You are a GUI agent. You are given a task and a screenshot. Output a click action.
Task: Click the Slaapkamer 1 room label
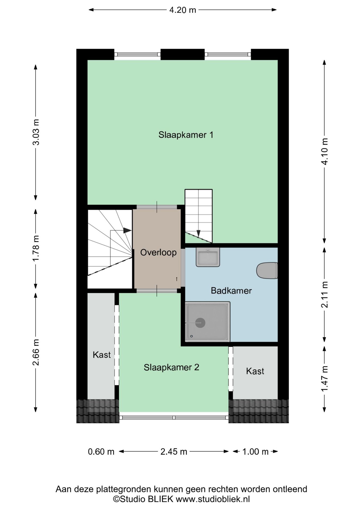pos(186,135)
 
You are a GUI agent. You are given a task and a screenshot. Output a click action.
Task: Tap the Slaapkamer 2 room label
pos(171,367)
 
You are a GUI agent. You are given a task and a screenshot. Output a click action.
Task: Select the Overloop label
pos(158,252)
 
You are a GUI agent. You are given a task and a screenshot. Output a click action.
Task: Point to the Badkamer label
pos(231,291)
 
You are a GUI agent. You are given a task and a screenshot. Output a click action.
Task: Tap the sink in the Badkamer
pos(208,257)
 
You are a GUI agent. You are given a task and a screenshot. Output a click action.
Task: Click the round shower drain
pos(200,323)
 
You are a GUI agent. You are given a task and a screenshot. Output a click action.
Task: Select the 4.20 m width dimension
pos(182,10)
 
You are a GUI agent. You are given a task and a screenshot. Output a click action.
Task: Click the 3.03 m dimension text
pos(36,132)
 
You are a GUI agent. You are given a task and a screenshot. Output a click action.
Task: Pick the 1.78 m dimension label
pos(36,248)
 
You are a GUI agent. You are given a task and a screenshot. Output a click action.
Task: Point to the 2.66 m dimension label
pos(36,352)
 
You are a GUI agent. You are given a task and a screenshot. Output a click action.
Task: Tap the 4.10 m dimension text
pos(324,151)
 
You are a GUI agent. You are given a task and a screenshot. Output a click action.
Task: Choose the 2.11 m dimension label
pos(324,295)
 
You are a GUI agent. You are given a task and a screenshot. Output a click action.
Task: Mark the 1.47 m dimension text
pos(324,378)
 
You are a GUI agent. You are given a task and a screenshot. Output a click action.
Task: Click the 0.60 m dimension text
pos(101,451)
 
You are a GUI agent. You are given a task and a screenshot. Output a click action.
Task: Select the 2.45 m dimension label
pos(174,451)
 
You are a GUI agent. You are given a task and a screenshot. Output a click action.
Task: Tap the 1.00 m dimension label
pos(255,451)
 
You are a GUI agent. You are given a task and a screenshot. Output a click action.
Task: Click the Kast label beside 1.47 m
pos(255,371)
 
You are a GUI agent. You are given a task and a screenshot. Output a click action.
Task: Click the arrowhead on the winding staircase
pos(127,230)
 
